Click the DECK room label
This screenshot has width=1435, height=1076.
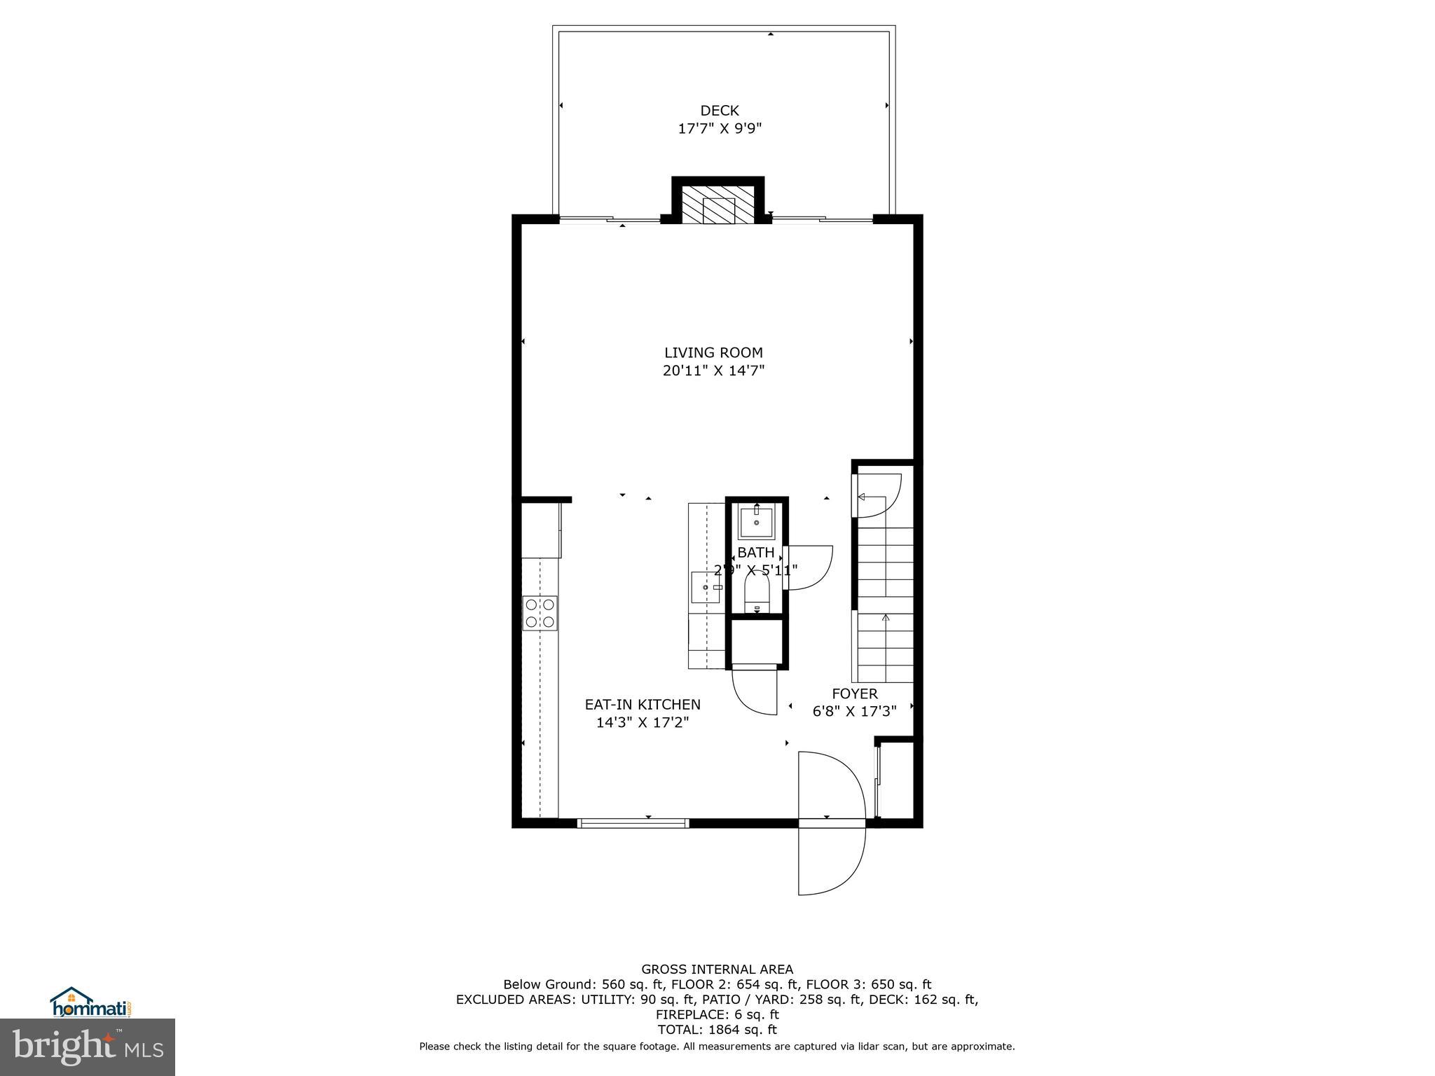point(719,111)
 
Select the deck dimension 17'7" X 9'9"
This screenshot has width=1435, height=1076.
point(719,129)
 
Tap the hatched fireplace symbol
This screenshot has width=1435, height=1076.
point(718,205)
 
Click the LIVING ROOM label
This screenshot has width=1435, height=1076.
point(713,353)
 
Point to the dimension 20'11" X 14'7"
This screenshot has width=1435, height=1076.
point(713,371)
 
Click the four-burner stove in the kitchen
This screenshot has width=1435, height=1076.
point(540,613)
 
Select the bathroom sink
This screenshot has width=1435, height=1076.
point(757,522)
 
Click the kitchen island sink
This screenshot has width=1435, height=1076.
point(706,587)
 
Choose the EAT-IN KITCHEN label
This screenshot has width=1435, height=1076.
point(643,705)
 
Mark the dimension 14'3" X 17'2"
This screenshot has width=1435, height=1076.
point(643,723)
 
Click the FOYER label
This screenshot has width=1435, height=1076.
point(854,694)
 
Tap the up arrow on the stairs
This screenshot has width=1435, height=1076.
point(886,618)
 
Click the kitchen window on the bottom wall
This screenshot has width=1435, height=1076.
point(633,823)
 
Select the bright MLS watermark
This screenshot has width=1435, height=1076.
point(88,1047)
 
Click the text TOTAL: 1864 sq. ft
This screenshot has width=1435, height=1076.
point(717,1030)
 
